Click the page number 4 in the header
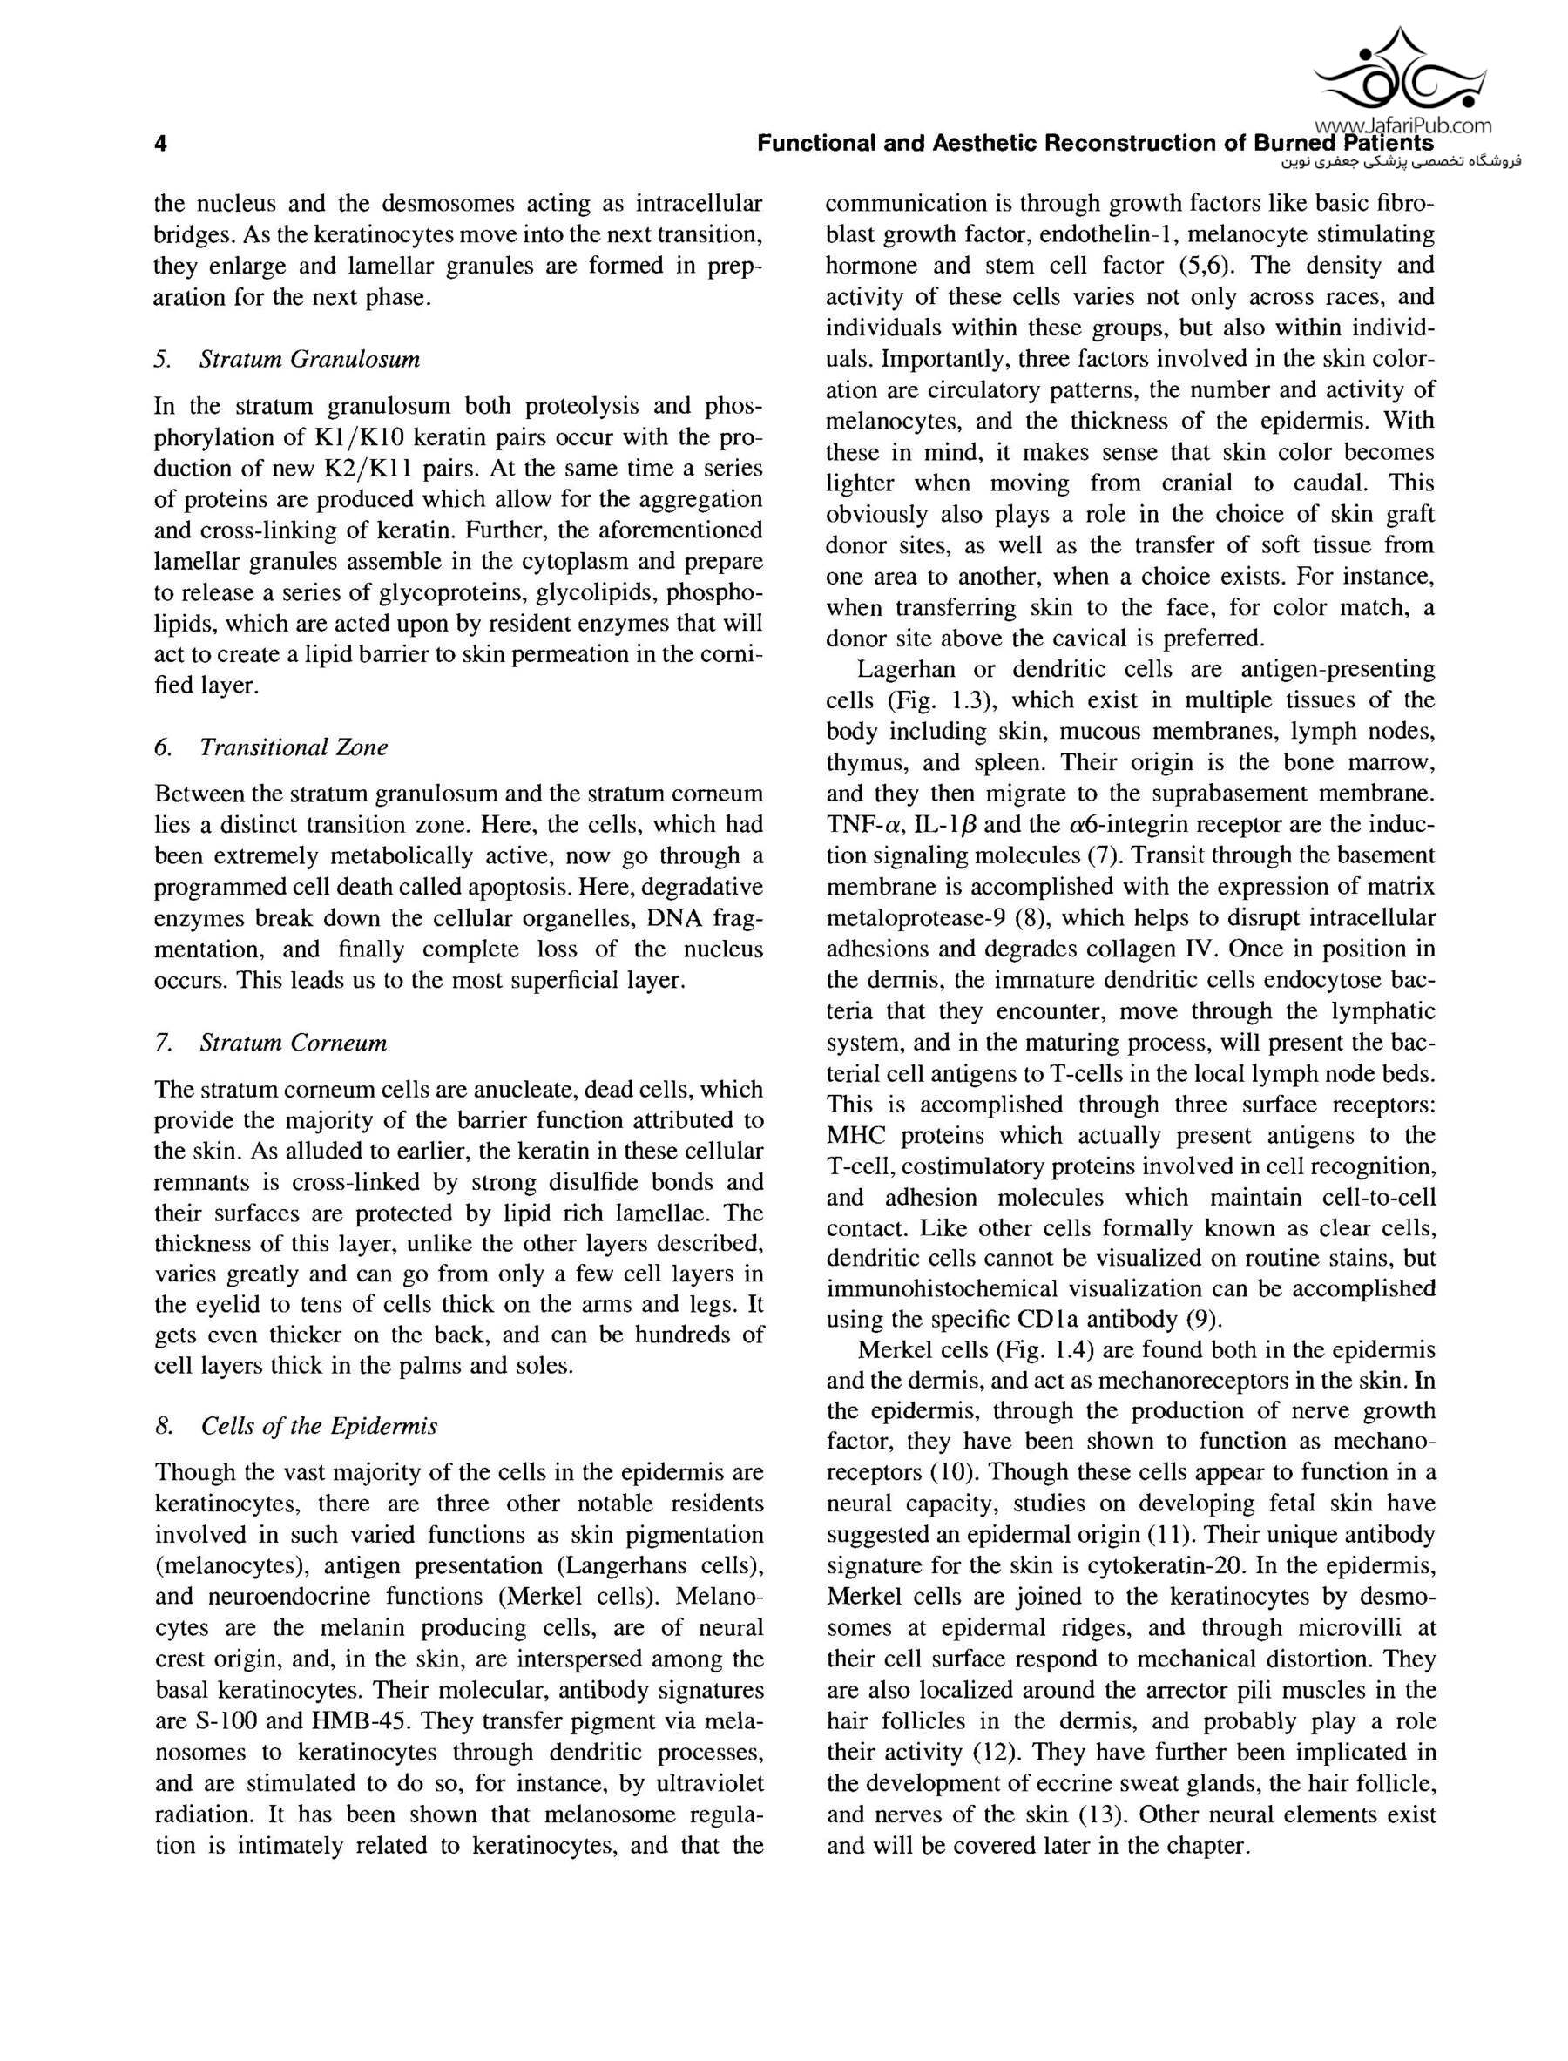[160, 144]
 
